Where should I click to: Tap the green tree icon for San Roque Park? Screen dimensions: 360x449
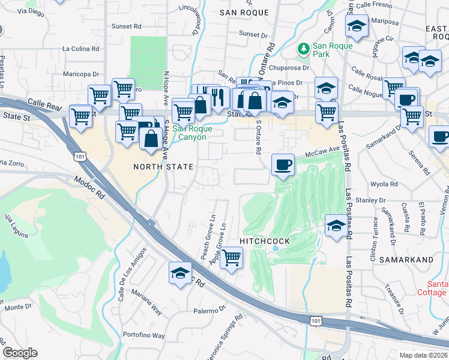pyautogui.click(x=304, y=48)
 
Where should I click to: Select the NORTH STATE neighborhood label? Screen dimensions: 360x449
pyautogui.click(x=163, y=167)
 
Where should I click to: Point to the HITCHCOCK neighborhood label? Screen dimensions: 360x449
pyautogui.click(x=265, y=241)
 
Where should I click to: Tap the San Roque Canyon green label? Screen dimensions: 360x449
pyautogui.click(x=189, y=133)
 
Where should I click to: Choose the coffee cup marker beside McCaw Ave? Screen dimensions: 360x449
pyautogui.click(x=283, y=164)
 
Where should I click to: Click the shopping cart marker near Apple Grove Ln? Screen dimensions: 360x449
pyautogui.click(x=231, y=258)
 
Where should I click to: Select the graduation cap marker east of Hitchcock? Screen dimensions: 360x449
pyautogui.click(x=336, y=226)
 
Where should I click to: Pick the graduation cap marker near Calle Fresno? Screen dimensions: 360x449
pyautogui.click(x=356, y=26)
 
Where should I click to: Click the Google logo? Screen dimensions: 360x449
pyautogui.click(x=20, y=353)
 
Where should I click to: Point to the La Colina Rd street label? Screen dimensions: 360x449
pyautogui.click(x=82, y=49)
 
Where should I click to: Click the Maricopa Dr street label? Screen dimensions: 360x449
pyautogui.click(x=81, y=74)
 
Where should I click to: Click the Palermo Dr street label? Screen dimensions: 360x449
pyautogui.click(x=209, y=311)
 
